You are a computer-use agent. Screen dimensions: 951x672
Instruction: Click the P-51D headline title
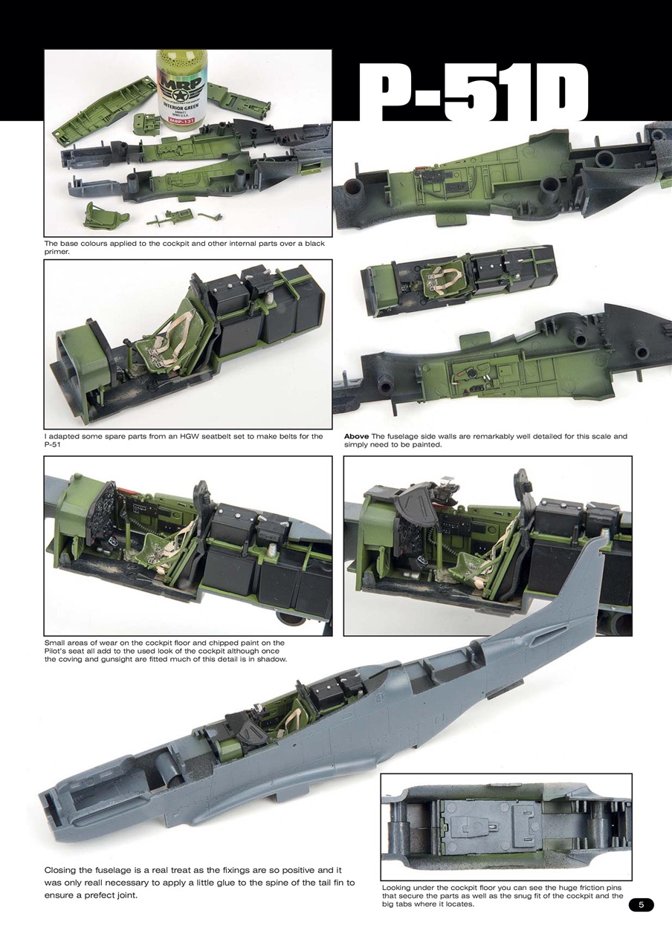point(473,94)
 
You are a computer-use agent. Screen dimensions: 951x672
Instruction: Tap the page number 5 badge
point(641,904)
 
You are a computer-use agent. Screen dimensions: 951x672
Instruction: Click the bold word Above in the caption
point(357,437)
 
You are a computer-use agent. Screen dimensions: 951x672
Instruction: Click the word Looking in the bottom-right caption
point(400,888)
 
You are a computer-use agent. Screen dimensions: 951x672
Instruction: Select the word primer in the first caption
point(58,252)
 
